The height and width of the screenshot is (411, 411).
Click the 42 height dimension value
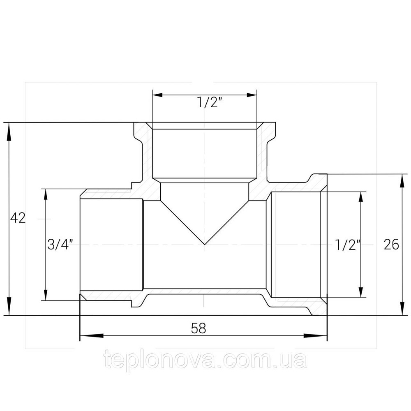coord(18,218)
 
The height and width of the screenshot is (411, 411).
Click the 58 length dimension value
coord(198,328)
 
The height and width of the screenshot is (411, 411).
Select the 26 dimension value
coord(391,245)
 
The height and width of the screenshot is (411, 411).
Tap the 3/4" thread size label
coord(60,245)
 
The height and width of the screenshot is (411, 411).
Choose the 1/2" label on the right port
coord(348,245)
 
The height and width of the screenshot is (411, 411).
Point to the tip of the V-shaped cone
coord(205,245)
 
